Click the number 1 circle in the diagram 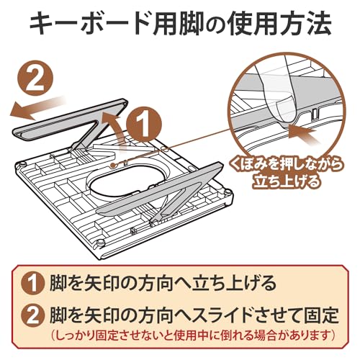pyautogui.click(x=144, y=125)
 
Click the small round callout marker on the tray pyautogui.click(x=112, y=165)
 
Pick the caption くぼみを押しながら pyautogui.click(x=286, y=165)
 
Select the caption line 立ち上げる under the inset pyautogui.click(x=287, y=181)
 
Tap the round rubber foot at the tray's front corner pyautogui.click(x=100, y=243)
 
